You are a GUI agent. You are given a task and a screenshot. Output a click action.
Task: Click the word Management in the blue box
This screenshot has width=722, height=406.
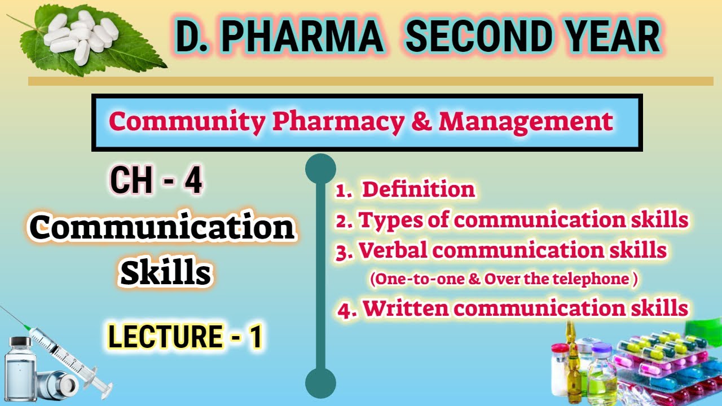(526, 121)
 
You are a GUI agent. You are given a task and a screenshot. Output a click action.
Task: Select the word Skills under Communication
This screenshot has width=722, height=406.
(166, 274)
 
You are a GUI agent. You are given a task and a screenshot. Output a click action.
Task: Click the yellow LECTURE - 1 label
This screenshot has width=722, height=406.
(185, 337)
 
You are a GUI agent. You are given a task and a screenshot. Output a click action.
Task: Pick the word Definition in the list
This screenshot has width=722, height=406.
(418, 190)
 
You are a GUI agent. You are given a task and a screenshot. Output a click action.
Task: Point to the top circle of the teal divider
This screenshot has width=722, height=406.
(320, 169)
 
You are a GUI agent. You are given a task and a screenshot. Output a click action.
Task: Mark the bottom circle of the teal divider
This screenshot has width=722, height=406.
(320, 383)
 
